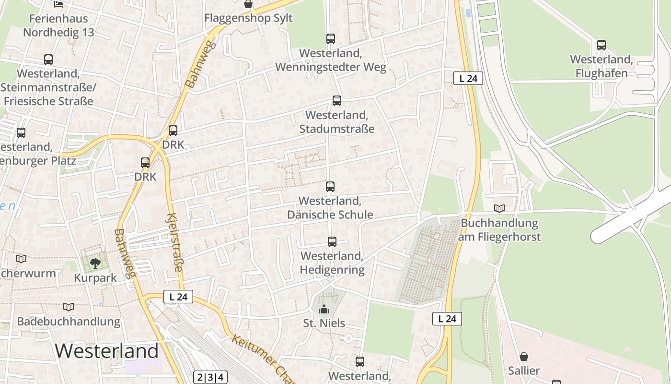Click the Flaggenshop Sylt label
click(248, 18)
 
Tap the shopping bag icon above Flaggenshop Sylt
click(248, 5)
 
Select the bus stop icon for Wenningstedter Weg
click(331, 39)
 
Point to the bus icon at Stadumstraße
click(337, 101)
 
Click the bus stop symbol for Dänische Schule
click(330, 187)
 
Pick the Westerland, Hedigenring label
click(332, 263)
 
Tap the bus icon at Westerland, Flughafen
click(602, 45)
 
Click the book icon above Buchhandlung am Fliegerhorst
click(499, 209)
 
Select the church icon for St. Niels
click(324, 309)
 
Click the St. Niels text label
click(324, 323)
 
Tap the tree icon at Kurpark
click(95, 263)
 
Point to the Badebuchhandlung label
click(69, 321)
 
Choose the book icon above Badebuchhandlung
click(69, 307)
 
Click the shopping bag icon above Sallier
click(524, 357)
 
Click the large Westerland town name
click(106, 351)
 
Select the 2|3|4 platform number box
click(210, 377)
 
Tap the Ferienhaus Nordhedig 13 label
click(58, 25)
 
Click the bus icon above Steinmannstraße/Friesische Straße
click(48, 60)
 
